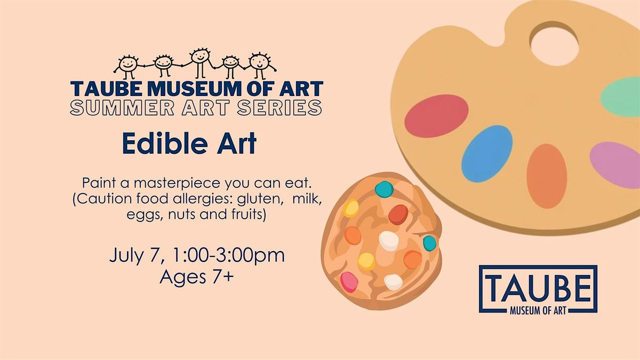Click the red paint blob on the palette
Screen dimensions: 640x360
coord(436,116)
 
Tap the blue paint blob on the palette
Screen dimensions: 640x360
coord(487,154)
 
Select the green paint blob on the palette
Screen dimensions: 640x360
coord(621,97)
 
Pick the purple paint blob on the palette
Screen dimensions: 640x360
coord(615,165)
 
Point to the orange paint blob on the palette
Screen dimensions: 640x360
coord(547,176)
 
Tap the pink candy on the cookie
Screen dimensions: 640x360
coord(349,282)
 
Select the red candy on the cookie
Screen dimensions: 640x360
coord(398,214)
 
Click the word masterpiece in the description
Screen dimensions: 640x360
coord(178,183)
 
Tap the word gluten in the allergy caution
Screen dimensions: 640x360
coord(259,199)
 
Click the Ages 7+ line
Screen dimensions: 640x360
coord(197,277)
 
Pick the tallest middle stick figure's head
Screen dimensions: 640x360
coord(200,56)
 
